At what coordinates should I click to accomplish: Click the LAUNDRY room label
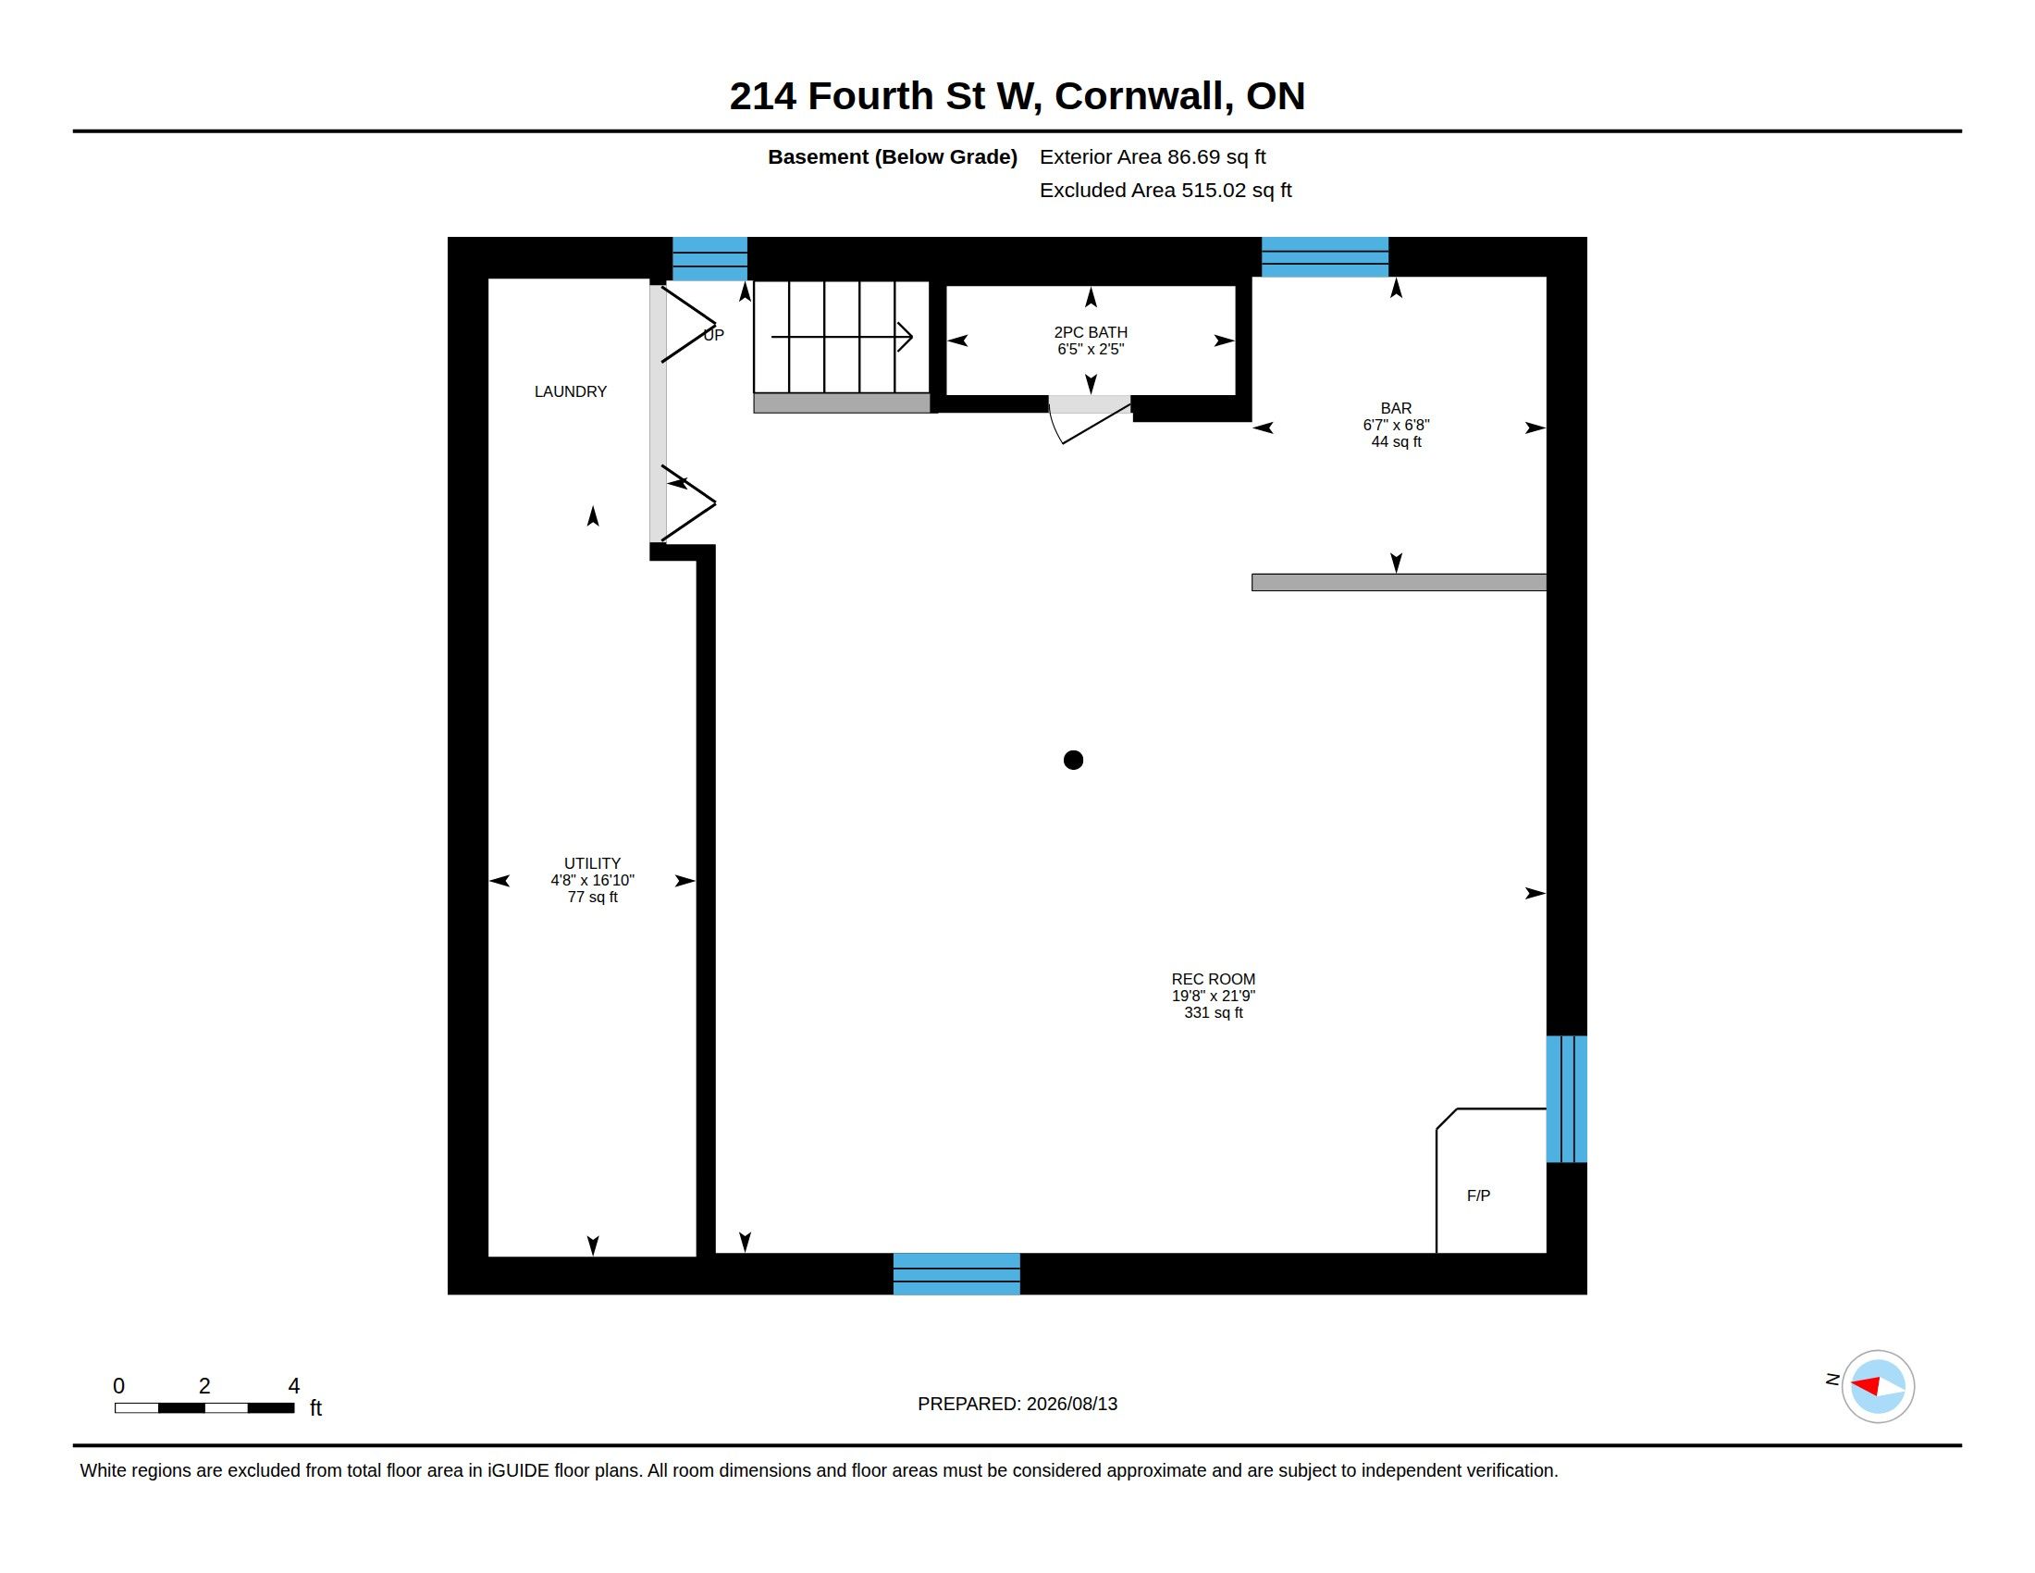pyautogui.click(x=570, y=391)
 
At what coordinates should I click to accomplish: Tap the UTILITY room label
pyautogui.click(x=592, y=864)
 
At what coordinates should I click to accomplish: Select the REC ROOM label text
pyautogui.click(x=1214, y=979)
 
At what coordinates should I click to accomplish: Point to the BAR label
pyautogui.click(x=1396, y=408)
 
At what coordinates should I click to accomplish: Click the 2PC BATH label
pyautogui.click(x=1091, y=333)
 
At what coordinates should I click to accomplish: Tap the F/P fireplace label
pyautogui.click(x=1479, y=1195)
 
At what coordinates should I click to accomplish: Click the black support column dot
pyautogui.click(x=1073, y=761)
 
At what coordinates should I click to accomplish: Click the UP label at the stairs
pyautogui.click(x=714, y=336)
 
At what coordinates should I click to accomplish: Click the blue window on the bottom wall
pyautogui.click(x=956, y=1274)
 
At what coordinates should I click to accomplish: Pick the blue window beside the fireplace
pyautogui.click(x=1566, y=1099)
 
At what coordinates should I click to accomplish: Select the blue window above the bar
pyautogui.click(x=1324, y=257)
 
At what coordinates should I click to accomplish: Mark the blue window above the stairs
pyautogui.click(x=709, y=259)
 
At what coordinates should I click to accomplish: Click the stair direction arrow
pyautogui.click(x=842, y=337)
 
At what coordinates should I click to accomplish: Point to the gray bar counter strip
pyautogui.click(x=1399, y=582)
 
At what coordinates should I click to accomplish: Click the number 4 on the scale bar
pyautogui.click(x=293, y=1386)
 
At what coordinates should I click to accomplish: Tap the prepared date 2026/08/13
pyautogui.click(x=1072, y=1405)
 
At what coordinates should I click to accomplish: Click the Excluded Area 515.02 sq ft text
pyautogui.click(x=1165, y=190)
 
